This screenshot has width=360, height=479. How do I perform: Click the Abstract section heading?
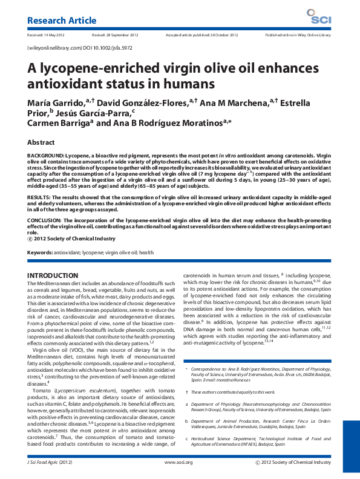(x=40, y=142)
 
